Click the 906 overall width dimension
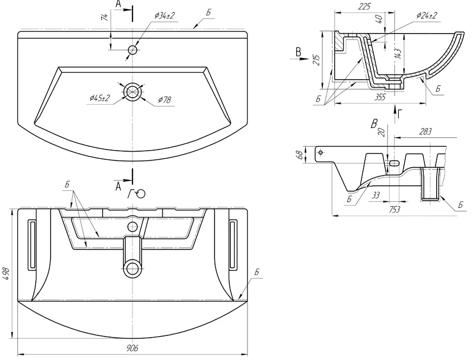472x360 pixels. (132, 348)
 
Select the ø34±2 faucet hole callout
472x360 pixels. (164, 15)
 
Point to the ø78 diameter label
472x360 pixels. (165, 99)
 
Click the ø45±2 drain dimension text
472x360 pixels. (100, 98)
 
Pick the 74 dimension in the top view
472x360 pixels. (105, 17)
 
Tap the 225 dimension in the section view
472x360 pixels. (364, 6)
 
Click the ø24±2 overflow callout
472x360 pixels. (427, 15)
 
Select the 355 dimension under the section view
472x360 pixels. (380, 97)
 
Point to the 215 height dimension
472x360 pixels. (316, 60)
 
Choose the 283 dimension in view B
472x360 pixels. (425, 131)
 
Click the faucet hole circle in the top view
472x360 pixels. (133, 50)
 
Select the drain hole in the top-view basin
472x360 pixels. (133, 91)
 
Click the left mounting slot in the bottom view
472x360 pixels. (32, 245)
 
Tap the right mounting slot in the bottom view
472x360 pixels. (233, 244)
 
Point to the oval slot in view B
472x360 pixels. (394, 163)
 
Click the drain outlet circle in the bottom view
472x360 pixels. (133, 269)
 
